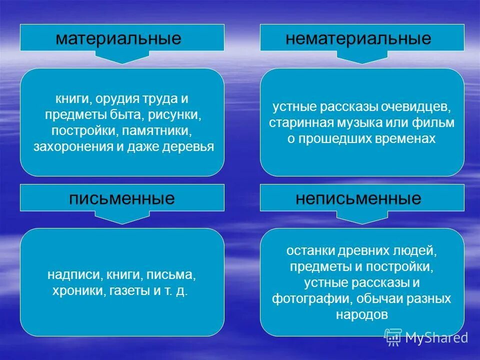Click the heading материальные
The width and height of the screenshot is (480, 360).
[118, 38]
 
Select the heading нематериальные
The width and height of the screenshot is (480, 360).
[358, 38]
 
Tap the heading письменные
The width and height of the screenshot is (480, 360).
[121, 198]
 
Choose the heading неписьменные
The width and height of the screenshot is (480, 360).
[358, 198]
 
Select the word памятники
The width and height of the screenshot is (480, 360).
[164, 131]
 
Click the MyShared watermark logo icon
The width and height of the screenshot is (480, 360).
[393, 337]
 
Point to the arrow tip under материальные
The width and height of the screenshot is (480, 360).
[121, 62]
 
